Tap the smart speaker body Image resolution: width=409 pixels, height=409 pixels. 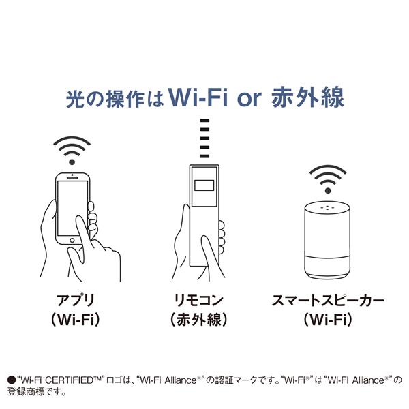[327, 239]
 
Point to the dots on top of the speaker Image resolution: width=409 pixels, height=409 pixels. [327, 206]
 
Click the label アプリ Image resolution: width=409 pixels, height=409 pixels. [76, 301]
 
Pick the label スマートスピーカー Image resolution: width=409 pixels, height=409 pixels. [327, 301]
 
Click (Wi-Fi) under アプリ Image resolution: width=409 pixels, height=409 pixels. [76, 318]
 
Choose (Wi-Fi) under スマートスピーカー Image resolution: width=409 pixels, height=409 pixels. [327, 318]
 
